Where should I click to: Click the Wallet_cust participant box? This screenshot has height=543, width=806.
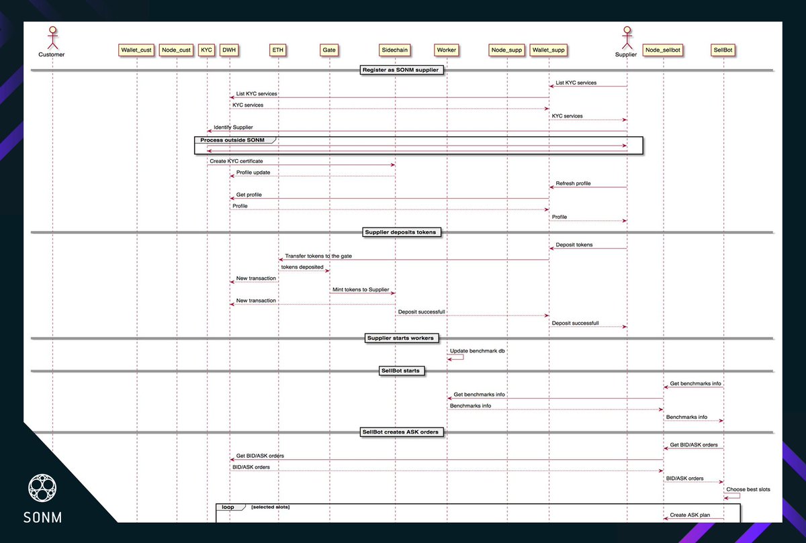136,50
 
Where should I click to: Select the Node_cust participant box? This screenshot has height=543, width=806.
177,50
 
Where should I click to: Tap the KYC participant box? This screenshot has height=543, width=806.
207,50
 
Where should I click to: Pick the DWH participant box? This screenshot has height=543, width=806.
230,50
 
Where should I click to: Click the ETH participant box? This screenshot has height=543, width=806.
278,50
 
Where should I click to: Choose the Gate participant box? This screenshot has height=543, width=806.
329,50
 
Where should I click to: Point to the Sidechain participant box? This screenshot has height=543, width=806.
394,50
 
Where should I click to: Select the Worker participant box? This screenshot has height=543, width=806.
447,50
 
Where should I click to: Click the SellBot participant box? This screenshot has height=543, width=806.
723,50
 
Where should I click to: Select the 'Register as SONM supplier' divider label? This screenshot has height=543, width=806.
401,70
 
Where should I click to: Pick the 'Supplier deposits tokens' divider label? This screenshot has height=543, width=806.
400,232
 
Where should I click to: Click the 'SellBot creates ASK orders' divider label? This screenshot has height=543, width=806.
401,432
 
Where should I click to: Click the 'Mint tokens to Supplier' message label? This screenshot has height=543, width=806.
361,289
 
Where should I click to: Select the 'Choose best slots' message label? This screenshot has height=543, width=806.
748,489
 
